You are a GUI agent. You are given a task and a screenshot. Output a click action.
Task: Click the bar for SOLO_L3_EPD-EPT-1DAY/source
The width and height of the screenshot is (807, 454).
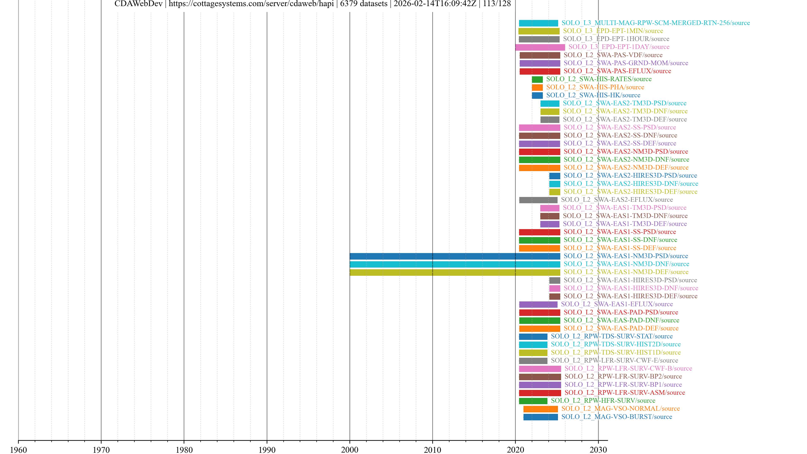pos(540,47)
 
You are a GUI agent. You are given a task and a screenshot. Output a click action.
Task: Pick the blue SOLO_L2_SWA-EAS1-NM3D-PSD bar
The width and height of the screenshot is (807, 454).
pos(455,256)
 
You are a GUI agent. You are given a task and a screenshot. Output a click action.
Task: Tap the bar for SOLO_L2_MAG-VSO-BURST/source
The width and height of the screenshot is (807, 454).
pos(540,417)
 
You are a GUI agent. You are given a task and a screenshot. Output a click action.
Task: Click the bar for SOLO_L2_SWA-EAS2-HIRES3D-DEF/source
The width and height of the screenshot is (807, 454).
pos(555,192)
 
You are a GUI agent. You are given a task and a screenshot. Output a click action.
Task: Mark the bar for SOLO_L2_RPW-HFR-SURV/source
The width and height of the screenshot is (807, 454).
pos(533,401)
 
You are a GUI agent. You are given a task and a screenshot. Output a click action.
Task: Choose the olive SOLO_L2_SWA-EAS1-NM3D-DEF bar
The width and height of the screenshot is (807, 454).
pos(455,272)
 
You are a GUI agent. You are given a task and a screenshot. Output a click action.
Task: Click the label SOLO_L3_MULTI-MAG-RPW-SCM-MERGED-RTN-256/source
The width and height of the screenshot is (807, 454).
pos(655,23)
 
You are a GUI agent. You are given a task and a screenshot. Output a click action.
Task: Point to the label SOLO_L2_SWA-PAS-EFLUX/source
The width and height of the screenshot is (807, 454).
pos(617,71)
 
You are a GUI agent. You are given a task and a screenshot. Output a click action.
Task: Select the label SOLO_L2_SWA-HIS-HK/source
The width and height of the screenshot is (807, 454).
pos(593,95)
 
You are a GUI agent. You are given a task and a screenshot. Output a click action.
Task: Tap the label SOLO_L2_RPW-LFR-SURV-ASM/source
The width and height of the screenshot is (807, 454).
pos(625,393)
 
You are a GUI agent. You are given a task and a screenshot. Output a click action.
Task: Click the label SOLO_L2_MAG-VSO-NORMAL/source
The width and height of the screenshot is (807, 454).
pos(620,409)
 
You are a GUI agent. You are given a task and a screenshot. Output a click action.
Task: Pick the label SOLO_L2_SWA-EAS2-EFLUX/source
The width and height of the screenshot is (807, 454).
pos(617,200)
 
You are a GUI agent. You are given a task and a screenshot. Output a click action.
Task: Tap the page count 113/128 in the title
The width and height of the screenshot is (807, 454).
pos(497,4)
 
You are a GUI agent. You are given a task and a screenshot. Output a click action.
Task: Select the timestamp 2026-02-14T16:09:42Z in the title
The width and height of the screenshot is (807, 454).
pos(435,4)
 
